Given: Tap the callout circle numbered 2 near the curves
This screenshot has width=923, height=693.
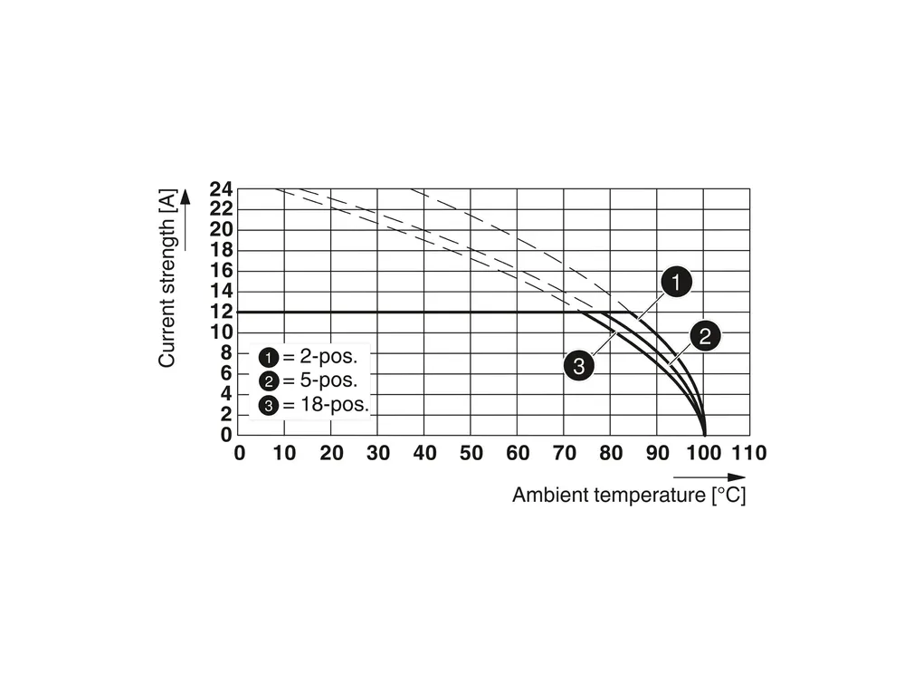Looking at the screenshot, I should pos(705,336).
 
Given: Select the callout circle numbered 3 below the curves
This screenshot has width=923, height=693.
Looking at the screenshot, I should pos(578,366).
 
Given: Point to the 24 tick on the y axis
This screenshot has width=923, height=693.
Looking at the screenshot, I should pos(222,189).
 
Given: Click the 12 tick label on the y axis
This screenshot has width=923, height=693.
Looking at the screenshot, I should pos(222,312).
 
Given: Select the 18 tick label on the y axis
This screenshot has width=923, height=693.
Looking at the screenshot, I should pos(222,251).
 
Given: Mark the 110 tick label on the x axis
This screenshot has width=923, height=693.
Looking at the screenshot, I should pos(748,453).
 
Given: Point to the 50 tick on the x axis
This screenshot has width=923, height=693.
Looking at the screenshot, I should pos(471,453).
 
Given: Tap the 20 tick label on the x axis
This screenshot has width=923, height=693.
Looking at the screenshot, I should pos(331,453).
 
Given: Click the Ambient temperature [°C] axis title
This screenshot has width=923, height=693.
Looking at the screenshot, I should pos(629,496).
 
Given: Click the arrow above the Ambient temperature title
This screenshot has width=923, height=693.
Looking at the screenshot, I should pos(709,476).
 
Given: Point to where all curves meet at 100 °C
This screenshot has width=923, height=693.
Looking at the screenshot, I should pos(704,434).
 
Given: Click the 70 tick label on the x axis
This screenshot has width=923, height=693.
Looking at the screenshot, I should pos(563,453).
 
